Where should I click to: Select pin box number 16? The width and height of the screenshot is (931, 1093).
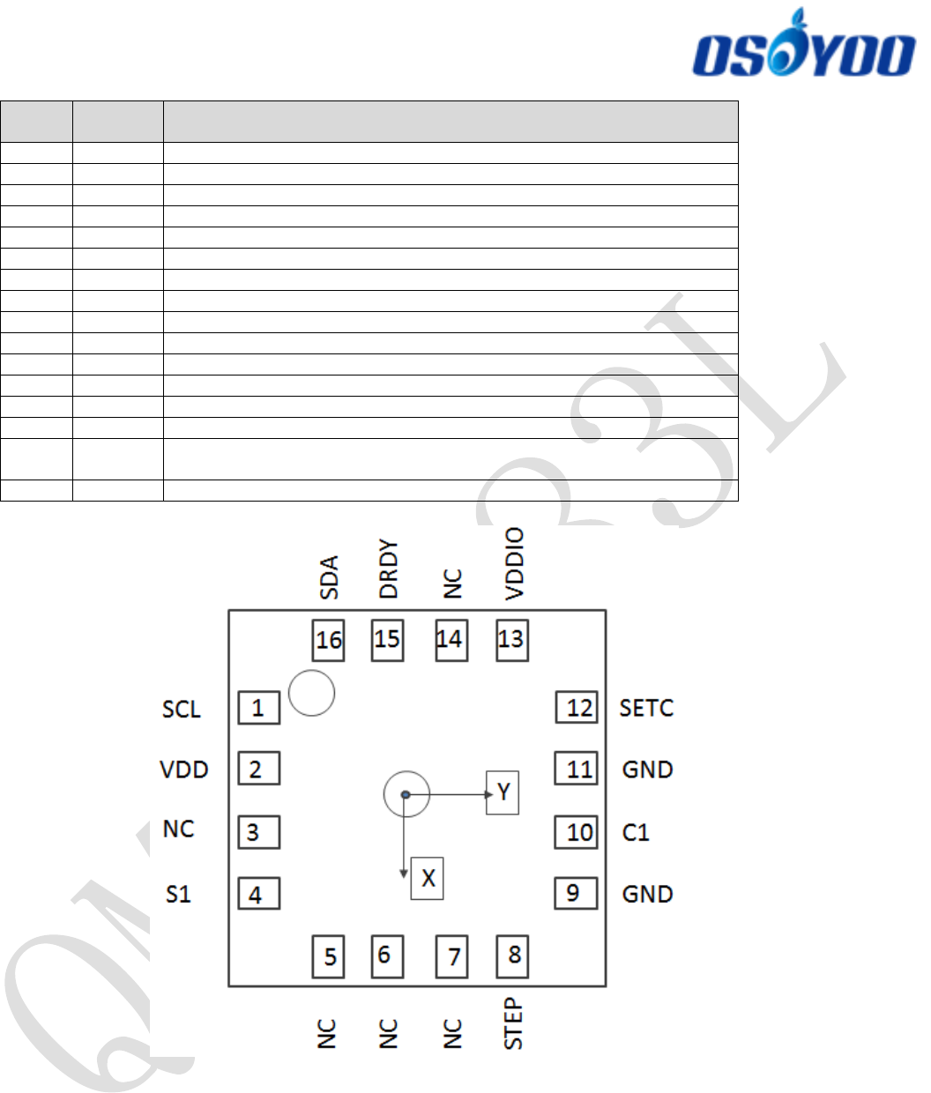click(x=328, y=640)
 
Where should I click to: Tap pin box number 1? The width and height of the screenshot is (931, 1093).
click(x=258, y=708)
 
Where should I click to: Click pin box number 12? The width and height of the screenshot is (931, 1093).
click(x=577, y=708)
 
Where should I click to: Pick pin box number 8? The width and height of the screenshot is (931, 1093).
click(x=512, y=955)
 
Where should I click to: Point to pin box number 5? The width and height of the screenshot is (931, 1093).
click(x=328, y=956)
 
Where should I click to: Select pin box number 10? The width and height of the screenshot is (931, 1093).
click(x=577, y=832)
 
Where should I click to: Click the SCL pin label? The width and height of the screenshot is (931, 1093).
click(x=182, y=710)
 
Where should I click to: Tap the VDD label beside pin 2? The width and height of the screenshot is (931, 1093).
click(x=183, y=770)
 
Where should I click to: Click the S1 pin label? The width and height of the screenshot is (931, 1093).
click(x=178, y=895)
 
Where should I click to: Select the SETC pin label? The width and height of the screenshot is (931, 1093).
click(x=646, y=709)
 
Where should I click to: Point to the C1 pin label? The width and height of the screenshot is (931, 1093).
click(x=636, y=833)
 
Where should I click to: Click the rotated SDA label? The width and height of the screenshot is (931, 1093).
click(x=329, y=577)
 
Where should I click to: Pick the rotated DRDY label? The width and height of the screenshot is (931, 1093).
click(x=388, y=569)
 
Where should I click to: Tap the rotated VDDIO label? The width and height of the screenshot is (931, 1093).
click(x=514, y=564)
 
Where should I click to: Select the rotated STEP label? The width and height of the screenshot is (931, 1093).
click(x=513, y=1023)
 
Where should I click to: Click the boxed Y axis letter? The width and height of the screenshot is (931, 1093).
click(x=503, y=792)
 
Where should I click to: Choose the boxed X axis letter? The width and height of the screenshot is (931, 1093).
click(x=428, y=878)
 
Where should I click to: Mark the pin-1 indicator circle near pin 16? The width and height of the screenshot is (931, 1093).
click(x=311, y=693)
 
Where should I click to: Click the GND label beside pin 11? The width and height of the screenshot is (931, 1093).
click(x=647, y=770)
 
